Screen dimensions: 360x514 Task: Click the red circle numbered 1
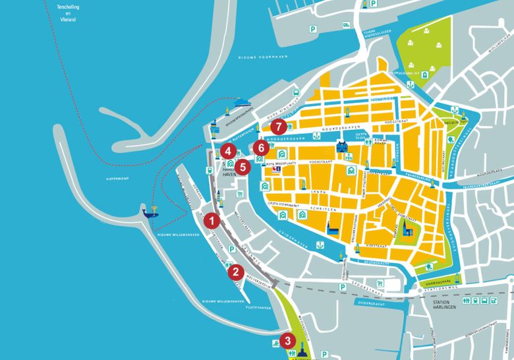pos(212,220)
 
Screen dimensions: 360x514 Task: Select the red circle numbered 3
pos(287,341)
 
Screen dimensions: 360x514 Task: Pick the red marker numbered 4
pos(227,150)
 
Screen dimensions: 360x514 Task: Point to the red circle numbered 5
pos(243,167)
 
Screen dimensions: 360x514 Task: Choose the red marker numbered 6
pos(262,147)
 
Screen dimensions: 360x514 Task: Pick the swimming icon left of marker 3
pos(274,344)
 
